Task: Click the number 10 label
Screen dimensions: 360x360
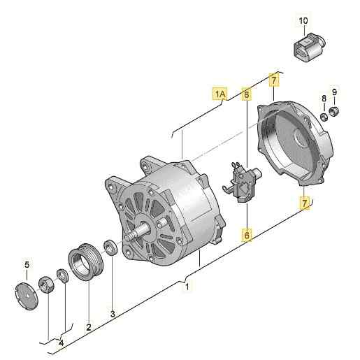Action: (x=303, y=20)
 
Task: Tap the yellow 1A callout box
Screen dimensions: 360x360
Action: (x=220, y=93)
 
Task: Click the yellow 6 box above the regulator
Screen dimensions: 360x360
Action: (x=246, y=93)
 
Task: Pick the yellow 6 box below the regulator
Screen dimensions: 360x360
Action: (x=246, y=236)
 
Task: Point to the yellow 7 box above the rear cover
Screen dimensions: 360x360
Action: (x=273, y=81)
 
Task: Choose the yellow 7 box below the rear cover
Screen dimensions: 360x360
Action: (x=304, y=203)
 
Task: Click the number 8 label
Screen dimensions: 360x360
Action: (x=324, y=97)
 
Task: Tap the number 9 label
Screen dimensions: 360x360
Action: (x=335, y=92)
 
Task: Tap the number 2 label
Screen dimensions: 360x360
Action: (x=89, y=326)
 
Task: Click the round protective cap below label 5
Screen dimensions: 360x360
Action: (x=26, y=296)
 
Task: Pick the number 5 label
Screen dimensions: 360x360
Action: (x=27, y=264)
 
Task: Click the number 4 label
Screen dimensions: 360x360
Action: (x=61, y=343)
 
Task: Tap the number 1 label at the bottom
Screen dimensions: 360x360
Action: (x=186, y=287)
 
